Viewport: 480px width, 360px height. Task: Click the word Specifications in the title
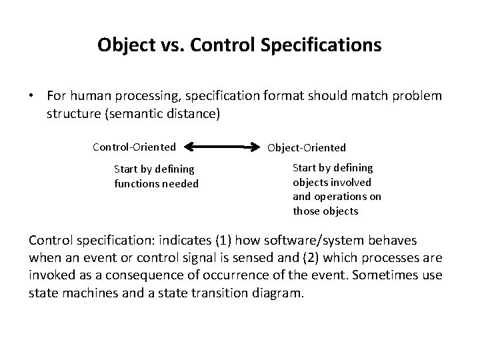tap(321, 45)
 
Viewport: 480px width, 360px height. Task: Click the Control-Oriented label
tap(134, 146)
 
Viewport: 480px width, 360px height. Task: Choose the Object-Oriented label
tap(307, 147)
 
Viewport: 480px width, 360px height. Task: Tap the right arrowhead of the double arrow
tap(257, 146)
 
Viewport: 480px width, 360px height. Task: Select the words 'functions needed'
tap(157, 183)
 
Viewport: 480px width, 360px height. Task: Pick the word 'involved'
tap(352, 182)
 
